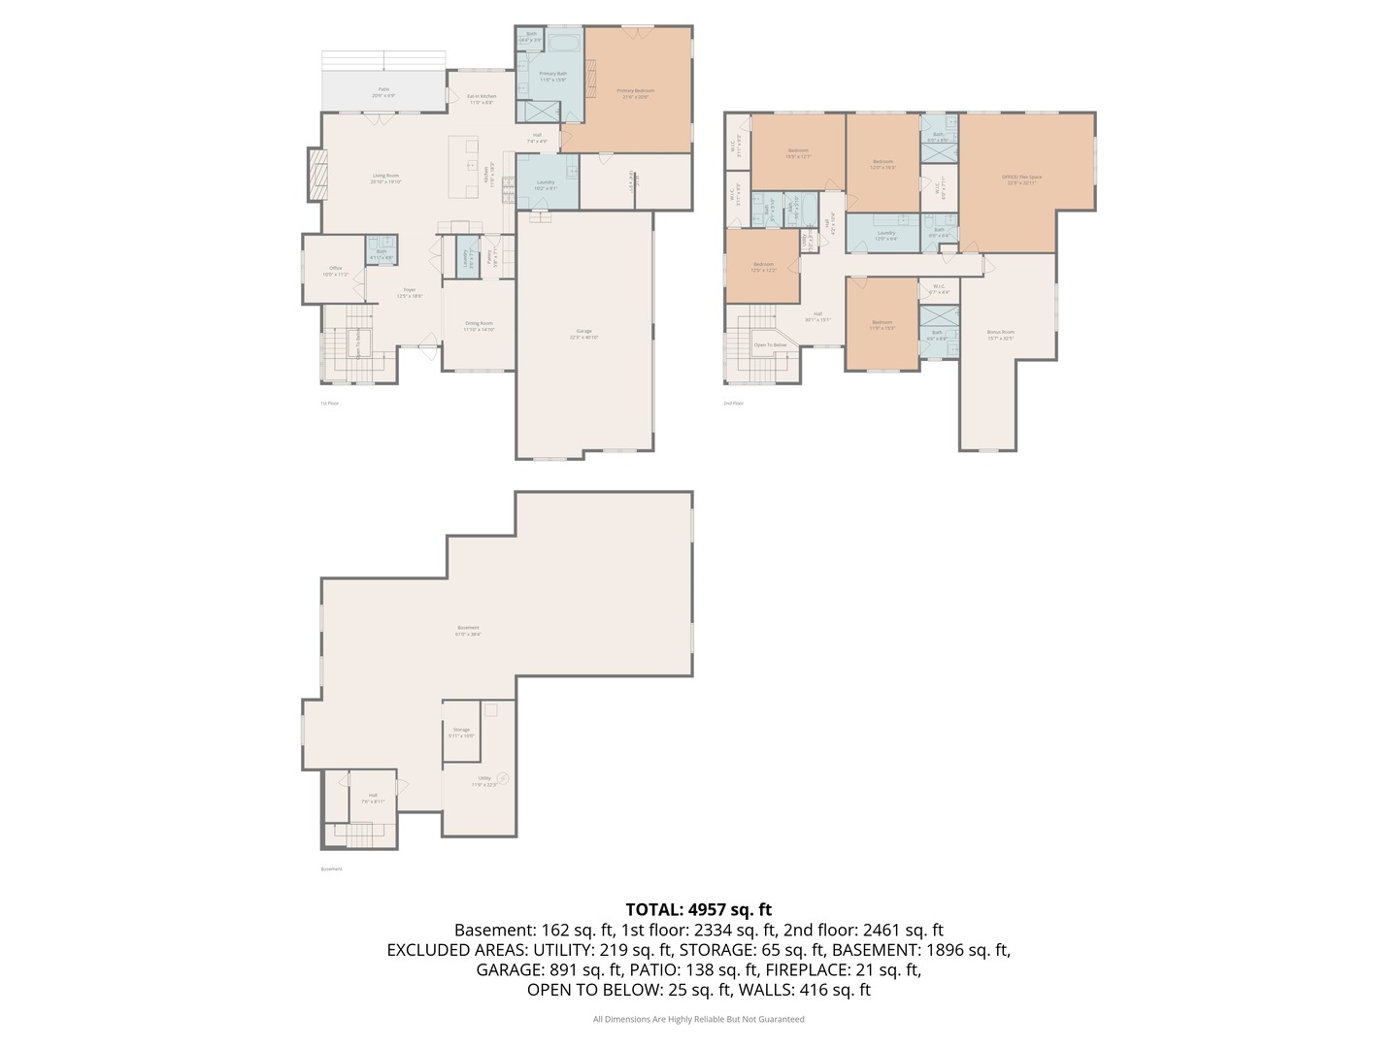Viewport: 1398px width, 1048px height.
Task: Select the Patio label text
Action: click(x=383, y=89)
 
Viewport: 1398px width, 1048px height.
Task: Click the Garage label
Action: click(x=583, y=332)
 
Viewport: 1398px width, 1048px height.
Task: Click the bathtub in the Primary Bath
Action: click(x=562, y=42)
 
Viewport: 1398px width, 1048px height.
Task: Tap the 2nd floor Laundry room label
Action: click(x=885, y=233)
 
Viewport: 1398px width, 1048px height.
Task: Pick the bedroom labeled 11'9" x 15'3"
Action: click(x=882, y=323)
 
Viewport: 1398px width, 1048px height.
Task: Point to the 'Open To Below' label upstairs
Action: click(x=770, y=344)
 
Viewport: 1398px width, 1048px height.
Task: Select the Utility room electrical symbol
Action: click(x=502, y=777)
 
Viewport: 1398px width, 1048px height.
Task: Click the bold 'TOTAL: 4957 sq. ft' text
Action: click(x=698, y=909)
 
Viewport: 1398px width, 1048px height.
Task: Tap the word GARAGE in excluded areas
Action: click(x=506, y=969)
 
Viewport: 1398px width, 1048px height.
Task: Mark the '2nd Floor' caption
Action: click(x=733, y=403)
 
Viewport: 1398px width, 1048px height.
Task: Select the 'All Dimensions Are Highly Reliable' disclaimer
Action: click(x=698, y=1019)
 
